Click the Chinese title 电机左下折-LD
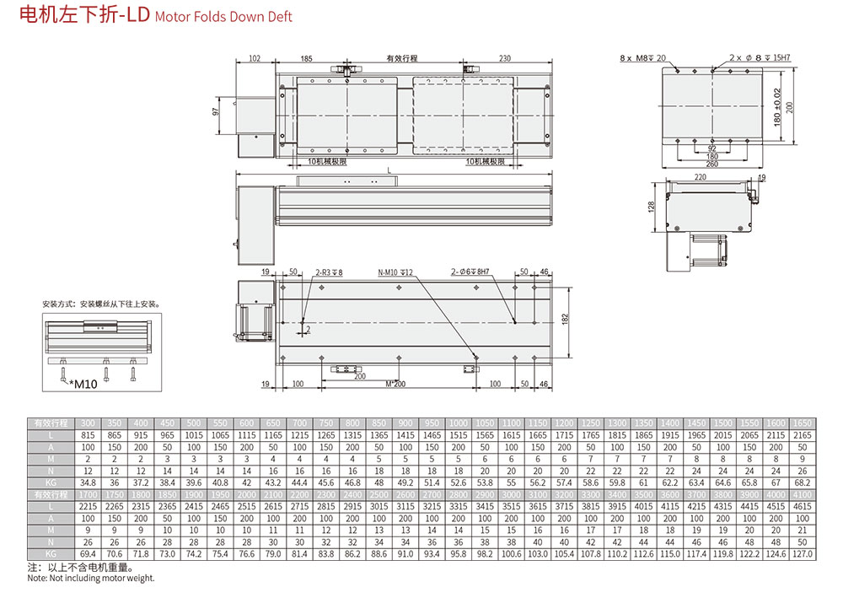point(83,16)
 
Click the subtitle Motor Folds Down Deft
point(223,17)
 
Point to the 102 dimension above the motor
point(255,59)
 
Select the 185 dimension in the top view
point(306,59)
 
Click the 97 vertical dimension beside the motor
point(217,110)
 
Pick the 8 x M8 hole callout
point(642,58)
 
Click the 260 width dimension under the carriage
point(712,164)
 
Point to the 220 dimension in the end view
point(700,178)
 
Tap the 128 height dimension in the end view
point(652,207)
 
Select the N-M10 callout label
point(394,272)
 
